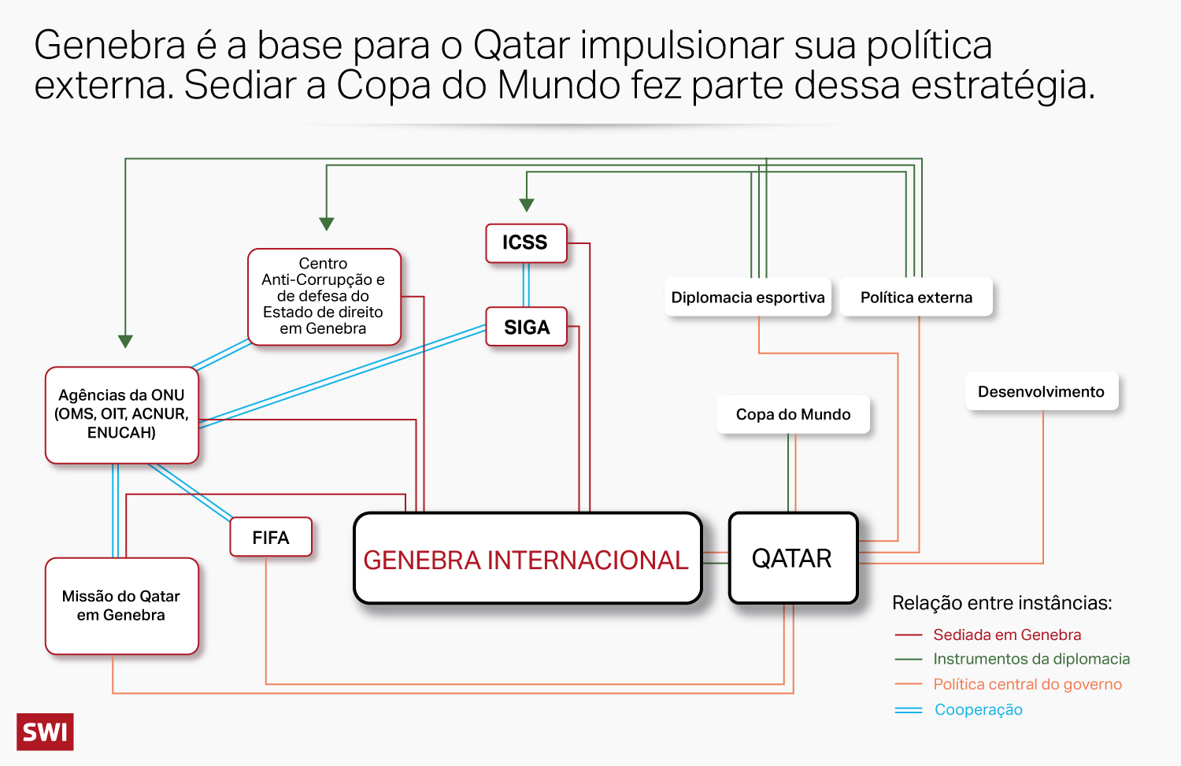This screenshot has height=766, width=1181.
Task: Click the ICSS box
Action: [526, 242]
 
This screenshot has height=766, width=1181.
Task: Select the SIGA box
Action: [526, 327]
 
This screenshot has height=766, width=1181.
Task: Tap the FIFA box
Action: [271, 538]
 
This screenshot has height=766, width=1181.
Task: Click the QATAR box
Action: [793, 558]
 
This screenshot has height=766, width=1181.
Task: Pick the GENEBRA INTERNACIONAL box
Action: [527, 559]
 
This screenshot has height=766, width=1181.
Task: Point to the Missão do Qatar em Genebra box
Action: [121, 605]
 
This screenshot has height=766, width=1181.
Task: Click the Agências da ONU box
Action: [121, 414]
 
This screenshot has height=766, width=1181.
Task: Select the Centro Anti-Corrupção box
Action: [324, 296]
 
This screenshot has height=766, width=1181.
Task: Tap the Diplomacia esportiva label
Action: [747, 298]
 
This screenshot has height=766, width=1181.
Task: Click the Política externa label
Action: [916, 298]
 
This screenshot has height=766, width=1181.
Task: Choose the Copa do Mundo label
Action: [793, 414]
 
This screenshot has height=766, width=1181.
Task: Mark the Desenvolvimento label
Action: [1041, 391]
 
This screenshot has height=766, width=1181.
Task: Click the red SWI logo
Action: [45, 732]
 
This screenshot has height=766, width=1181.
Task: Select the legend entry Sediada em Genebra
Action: [1006, 635]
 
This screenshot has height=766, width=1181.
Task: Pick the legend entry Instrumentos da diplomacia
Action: [1031, 659]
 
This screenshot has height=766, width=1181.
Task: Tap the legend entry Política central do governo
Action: [1027, 684]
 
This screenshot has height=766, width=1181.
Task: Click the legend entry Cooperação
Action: [978, 709]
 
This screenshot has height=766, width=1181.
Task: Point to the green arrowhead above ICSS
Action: [527, 205]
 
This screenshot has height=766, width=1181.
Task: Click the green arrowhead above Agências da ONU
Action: [125, 341]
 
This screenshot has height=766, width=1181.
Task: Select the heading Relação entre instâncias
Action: [1001, 603]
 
